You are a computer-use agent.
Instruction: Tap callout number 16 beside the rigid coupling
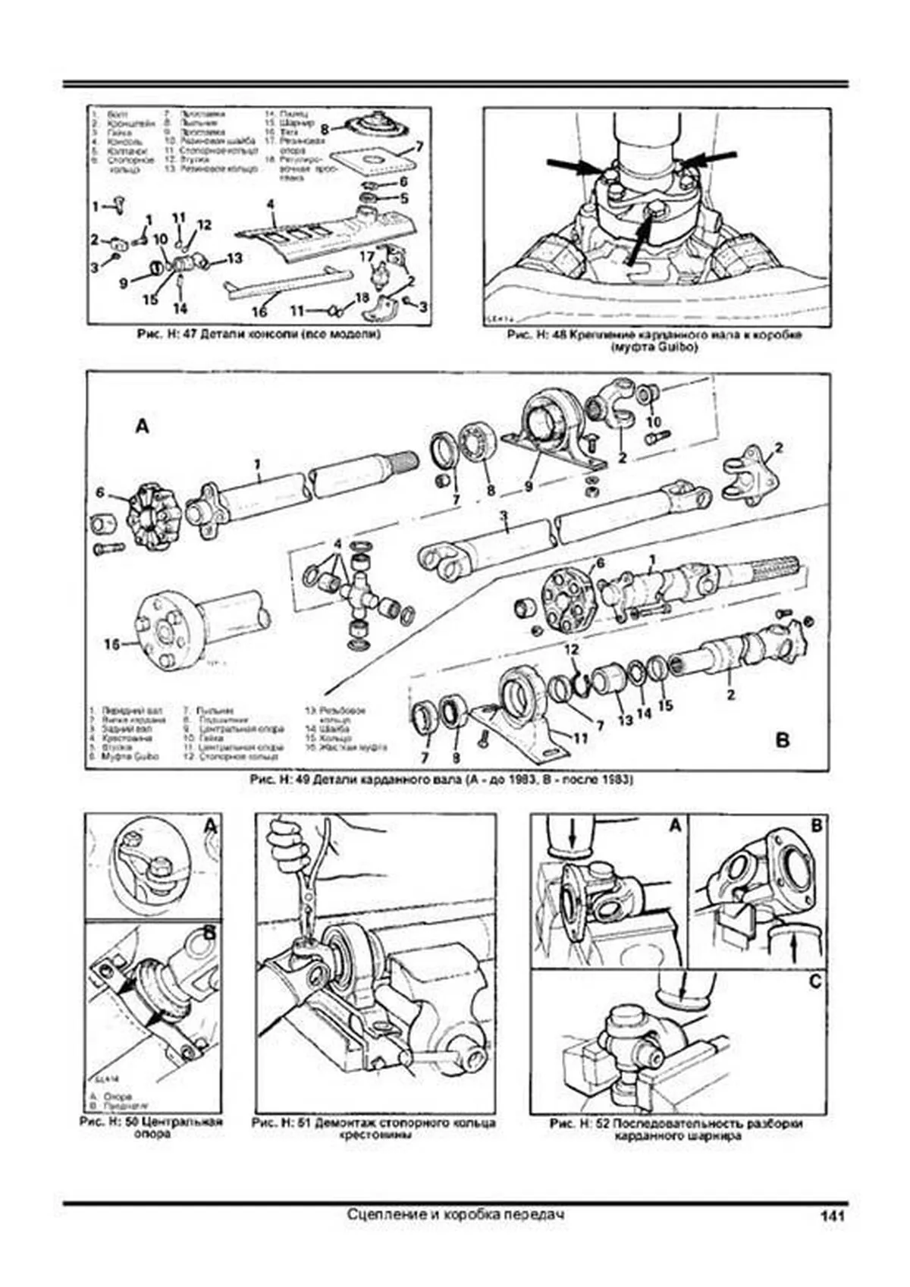(x=112, y=645)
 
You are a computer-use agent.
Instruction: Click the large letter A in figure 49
(x=142, y=427)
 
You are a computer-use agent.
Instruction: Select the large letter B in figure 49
(x=783, y=739)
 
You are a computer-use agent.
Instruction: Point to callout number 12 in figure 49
(x=570, y=649)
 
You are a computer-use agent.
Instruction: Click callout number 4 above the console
(x=270, y=205)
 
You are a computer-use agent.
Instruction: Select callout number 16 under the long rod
(x=259, y=311)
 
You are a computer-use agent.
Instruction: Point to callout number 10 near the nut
(x=653, y=421)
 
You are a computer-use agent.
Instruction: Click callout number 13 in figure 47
(x=234, y=259)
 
